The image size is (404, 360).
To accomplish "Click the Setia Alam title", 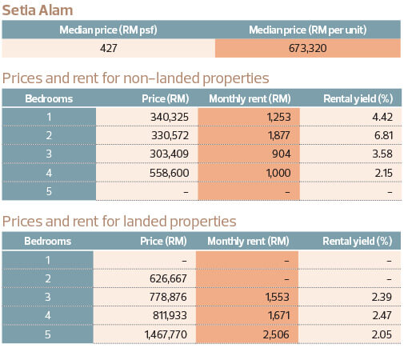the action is tap(38, 10).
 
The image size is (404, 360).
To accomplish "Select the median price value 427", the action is tap(109, 48).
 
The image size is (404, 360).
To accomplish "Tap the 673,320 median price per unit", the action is tap(307, 48).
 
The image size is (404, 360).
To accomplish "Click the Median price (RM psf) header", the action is tap(108, 30).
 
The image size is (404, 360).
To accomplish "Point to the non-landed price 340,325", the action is tap(170, 117).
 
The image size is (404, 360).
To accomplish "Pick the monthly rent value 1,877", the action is tap(278, 135).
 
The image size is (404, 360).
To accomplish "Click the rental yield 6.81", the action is tap(383, 135).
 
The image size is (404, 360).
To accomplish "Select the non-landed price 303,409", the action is tap(169, 154).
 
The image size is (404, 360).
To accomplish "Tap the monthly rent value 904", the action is tap(281, 154).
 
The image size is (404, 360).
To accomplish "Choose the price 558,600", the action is tap(169, 173).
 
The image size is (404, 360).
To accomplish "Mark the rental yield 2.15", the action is tap(384, 173).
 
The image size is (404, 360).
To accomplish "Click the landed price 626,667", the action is tap(168, 278).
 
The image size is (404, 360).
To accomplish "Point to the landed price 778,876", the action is tap(168, 297).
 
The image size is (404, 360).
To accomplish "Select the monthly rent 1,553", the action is tap(278, 297).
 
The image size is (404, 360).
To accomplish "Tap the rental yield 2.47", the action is tap(382, 315).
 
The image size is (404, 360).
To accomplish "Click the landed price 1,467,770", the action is tap(166, 334).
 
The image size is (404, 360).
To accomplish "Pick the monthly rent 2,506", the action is tap(276, 334).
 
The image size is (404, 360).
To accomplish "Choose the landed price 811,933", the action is tap(170, 315).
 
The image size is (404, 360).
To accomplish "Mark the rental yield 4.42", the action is tap(382, 117).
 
